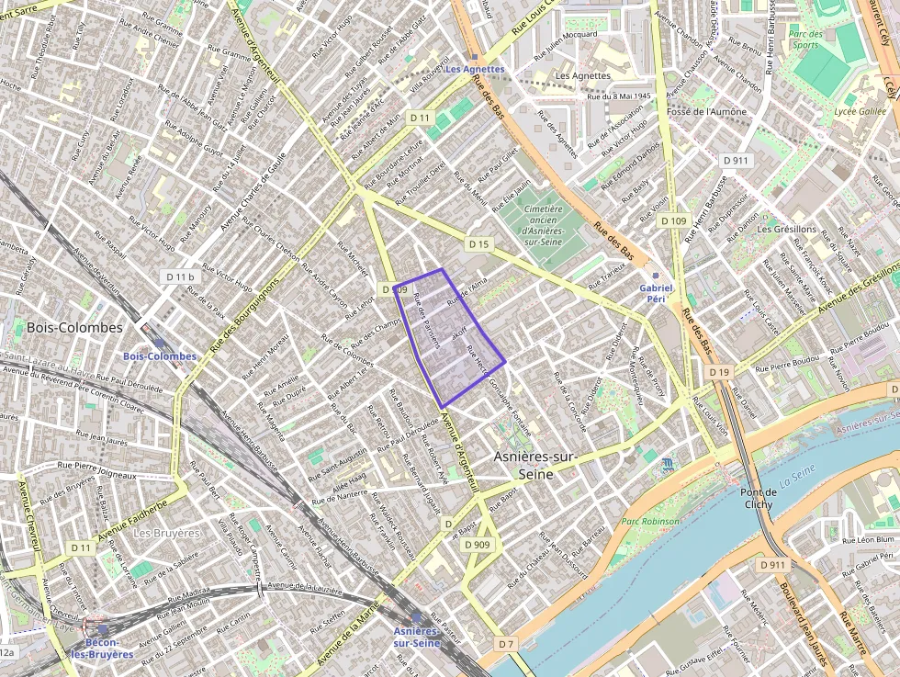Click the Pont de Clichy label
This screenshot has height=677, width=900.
pyautogui.click(x=758, y=498)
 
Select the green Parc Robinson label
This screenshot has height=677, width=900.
pyautogui.click(x=650, y=521)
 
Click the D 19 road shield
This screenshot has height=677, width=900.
pyautogui.click(x=719, y=371)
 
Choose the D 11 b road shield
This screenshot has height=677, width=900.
pyautogui.click(x=180, y=276)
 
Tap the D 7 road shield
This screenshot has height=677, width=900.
pyautogui.click(x=506, y=644)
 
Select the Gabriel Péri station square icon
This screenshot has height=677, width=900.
pyautogui.click(x=655, y=276)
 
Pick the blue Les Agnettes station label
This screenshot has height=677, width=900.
pyautogui.click(x=475, y=69)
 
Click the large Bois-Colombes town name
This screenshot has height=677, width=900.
pyautogui.click(x=74, y=328)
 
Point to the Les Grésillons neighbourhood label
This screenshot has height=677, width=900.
pyautogui.click(x=787, y=229)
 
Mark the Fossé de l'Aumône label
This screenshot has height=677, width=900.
pyautogui.click(x=706, y=112)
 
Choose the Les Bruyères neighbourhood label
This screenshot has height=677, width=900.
pyautogui.click(x=166, y=533)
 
